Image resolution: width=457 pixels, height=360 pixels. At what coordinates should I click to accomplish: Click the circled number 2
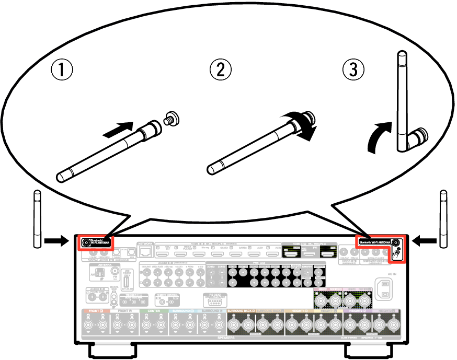pos(220,69)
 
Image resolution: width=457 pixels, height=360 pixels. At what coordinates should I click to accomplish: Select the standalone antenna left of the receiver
pos(37,219)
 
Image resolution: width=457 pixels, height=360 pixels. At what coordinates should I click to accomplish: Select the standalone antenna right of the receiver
pos(443,219)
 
